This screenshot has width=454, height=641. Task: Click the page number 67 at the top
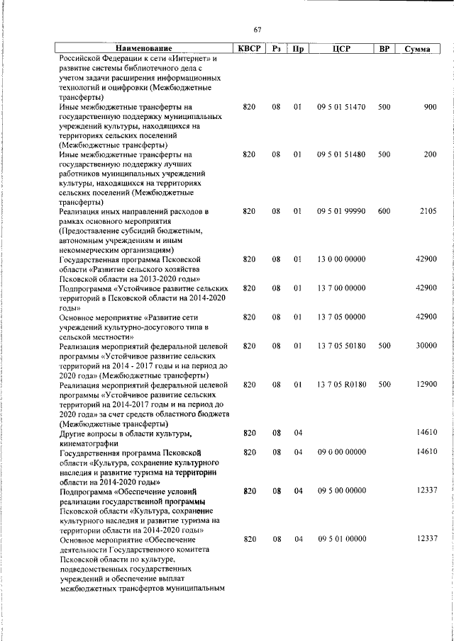pyautogui.click(x=258, y=29)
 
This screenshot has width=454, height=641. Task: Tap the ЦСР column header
pyautogui.click(x=341, y=48)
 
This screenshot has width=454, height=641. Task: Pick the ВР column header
pyautogui.click(x=384, y=48)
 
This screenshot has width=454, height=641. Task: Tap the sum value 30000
pyautogui.click(x=426, y=346)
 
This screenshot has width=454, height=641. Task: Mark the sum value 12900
pyautogui.click(x=426, y=384)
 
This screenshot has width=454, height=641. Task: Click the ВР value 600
pyautogui.click(x=384, y=211)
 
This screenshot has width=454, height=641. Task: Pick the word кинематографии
pyautogui.click(x=88, y=442)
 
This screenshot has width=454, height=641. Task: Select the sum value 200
pyautogui.click(x=430, y=154)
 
